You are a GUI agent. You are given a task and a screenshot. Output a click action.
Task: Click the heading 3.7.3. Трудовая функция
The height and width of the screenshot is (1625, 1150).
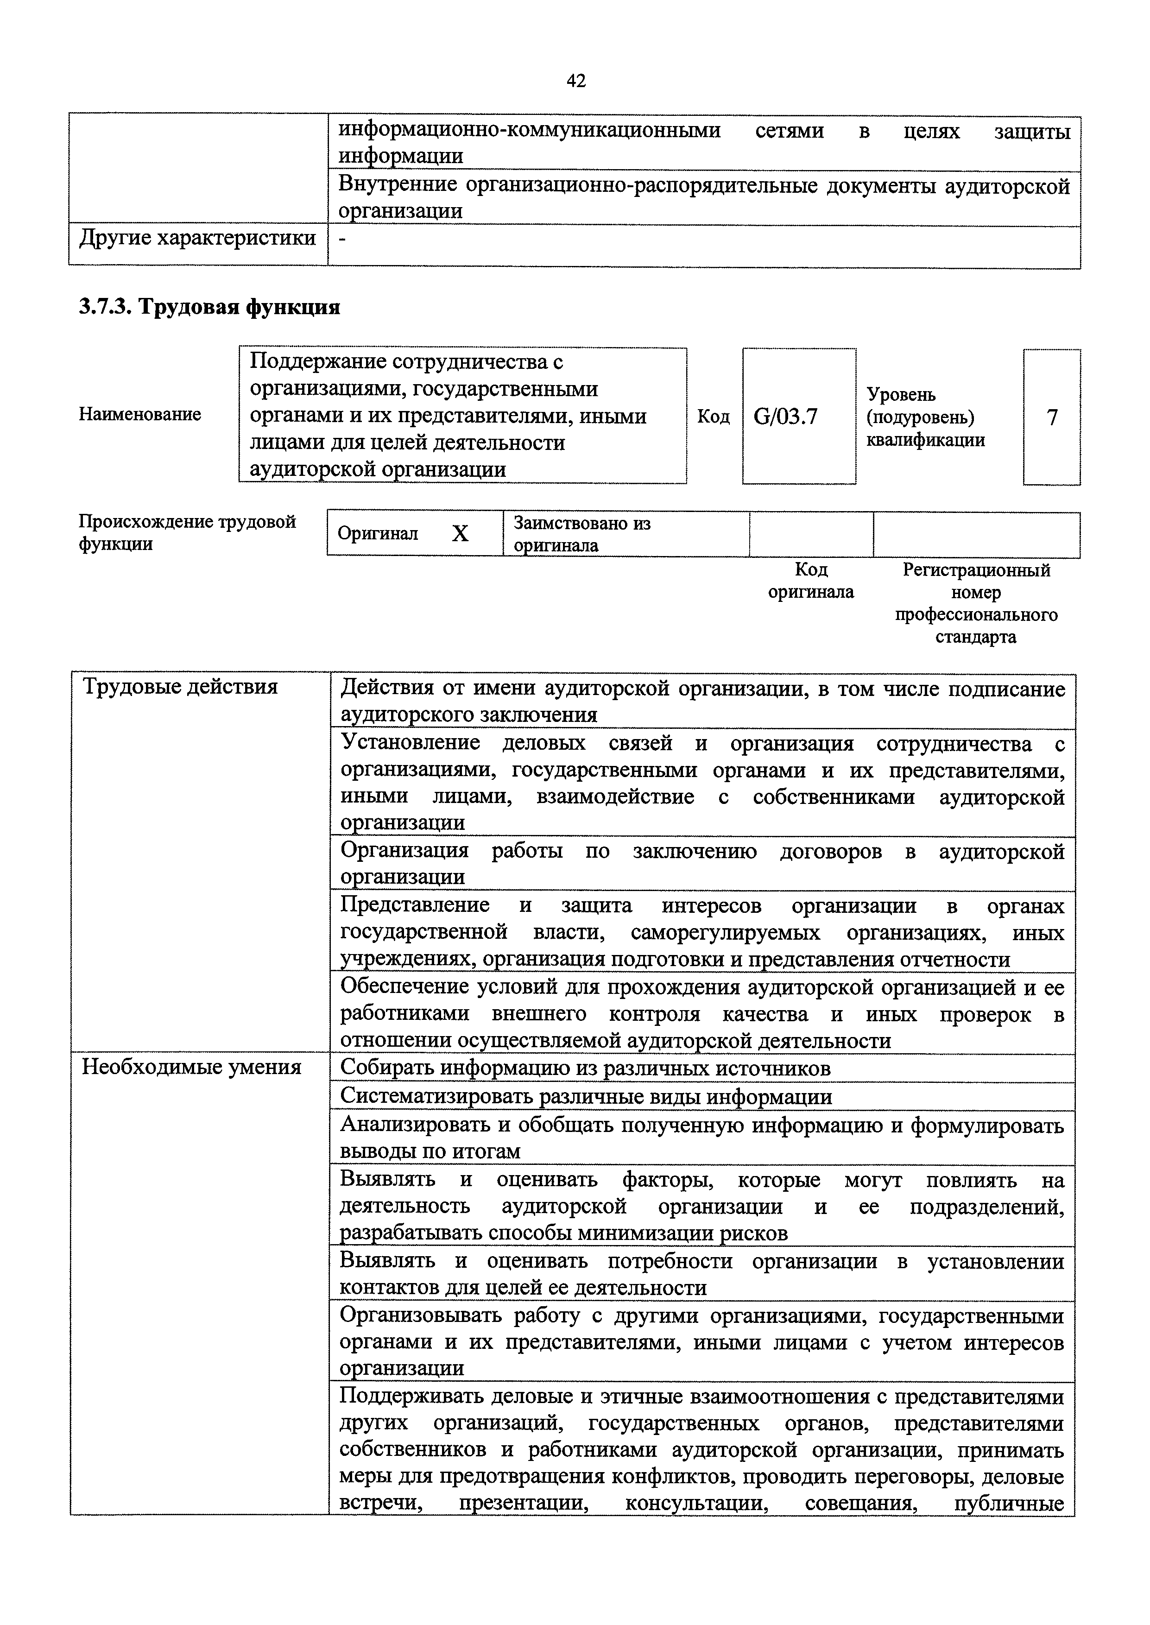pyautogui.click(x=209, y=307)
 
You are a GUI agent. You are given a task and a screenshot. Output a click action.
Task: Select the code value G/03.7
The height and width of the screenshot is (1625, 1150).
pyautogui.click(x=785, y=417)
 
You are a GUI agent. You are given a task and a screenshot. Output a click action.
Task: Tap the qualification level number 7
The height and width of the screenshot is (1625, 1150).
pyautogui.click(x=1052, y=418)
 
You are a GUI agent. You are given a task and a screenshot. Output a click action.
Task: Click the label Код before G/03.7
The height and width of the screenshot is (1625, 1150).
pyautogui.click(x=713, y=417)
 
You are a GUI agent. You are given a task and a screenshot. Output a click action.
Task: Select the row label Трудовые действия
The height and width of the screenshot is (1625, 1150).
pyautogui.click(x=181, y=687)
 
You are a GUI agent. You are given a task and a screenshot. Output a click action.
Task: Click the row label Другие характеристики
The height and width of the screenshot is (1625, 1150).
pyautogui.click(x=197, y=238)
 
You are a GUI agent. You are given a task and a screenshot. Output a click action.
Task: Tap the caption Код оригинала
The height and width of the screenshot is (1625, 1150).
pyautogui.click(x=811, y=581)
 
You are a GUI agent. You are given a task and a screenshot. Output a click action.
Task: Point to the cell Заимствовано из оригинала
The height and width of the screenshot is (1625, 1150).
pyautogui.click(x=582, y=534)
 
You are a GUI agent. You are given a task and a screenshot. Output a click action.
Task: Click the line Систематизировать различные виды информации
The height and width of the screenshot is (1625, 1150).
pyautogui.click(x=586, y=1096)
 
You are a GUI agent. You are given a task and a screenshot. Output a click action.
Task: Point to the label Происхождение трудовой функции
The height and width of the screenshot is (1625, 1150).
pyautogui.click(x=187, y=532)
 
